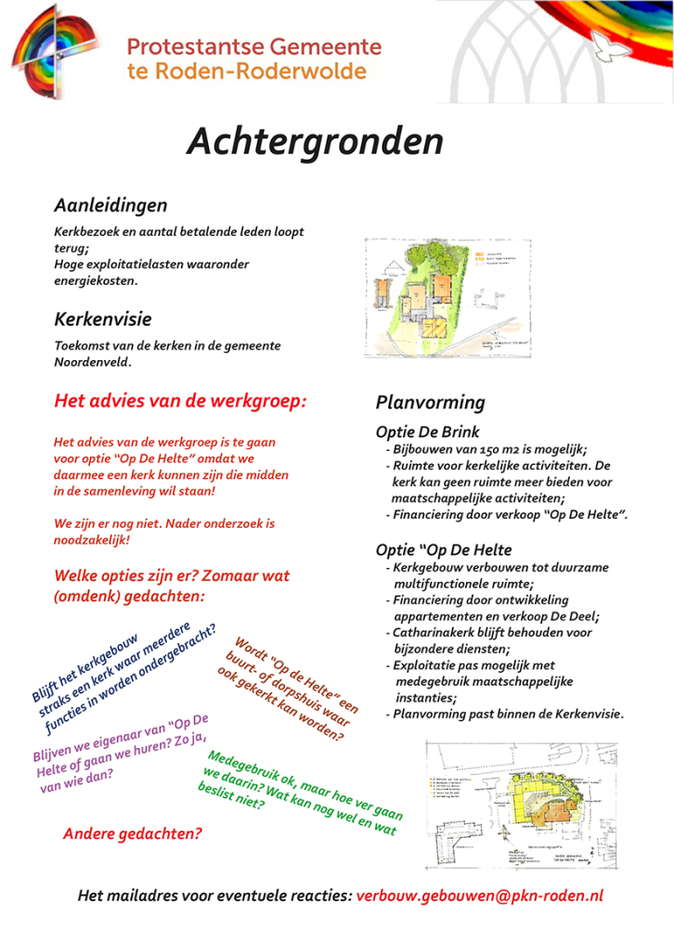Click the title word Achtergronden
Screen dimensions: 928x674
(315, 142)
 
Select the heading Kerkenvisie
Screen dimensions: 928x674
(103, 320)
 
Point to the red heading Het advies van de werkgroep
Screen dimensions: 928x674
(180, 402)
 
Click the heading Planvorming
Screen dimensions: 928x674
(430, 403)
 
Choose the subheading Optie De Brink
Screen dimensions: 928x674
(428, 432)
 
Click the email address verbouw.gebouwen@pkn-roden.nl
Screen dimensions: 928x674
(480, 896)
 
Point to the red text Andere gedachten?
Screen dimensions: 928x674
(132, 833)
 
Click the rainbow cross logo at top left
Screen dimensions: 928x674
(58, 58)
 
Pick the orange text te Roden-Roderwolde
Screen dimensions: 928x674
(246, 71)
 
